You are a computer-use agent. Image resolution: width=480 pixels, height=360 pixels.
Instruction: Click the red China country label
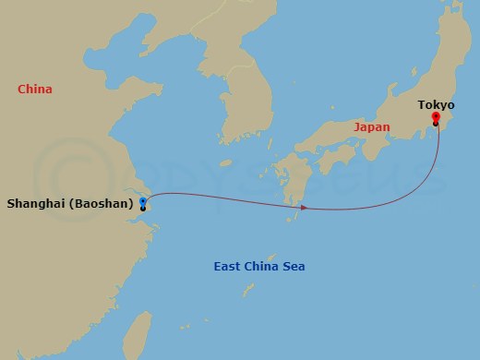35,90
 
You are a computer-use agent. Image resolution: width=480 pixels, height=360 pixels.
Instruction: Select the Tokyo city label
436,105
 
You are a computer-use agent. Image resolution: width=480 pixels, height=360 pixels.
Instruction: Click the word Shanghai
35,204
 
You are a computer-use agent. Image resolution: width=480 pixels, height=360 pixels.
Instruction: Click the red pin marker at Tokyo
436,117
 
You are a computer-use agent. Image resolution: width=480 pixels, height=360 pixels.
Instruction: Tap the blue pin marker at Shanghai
142,199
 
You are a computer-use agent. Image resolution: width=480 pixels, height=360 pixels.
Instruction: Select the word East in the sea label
228,267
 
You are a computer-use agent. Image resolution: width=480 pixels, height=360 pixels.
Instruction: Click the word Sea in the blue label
294,267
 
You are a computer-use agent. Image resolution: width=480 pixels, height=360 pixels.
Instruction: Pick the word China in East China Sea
261,267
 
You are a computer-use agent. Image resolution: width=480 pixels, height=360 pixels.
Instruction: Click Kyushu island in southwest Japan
294,180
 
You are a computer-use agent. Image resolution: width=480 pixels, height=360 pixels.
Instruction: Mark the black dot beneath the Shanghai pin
143,209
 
